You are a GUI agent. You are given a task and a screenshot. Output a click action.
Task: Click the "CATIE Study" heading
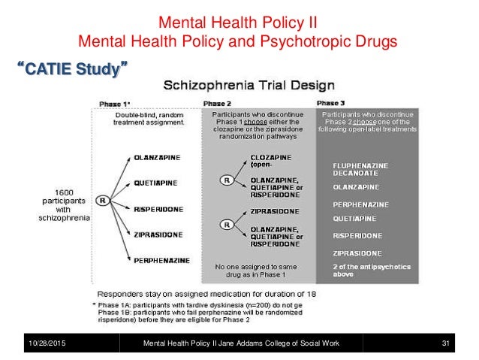pos(71,71)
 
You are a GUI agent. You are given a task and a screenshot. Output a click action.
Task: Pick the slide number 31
pos(444,343)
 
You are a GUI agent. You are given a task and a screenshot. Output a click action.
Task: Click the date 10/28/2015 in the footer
pos(43,343)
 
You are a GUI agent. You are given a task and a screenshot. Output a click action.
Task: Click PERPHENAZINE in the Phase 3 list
pos(360,204)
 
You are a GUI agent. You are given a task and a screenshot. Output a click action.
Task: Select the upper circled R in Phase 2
pos(224,180)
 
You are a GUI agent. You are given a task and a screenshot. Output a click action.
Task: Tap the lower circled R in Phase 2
pos(224,224)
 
